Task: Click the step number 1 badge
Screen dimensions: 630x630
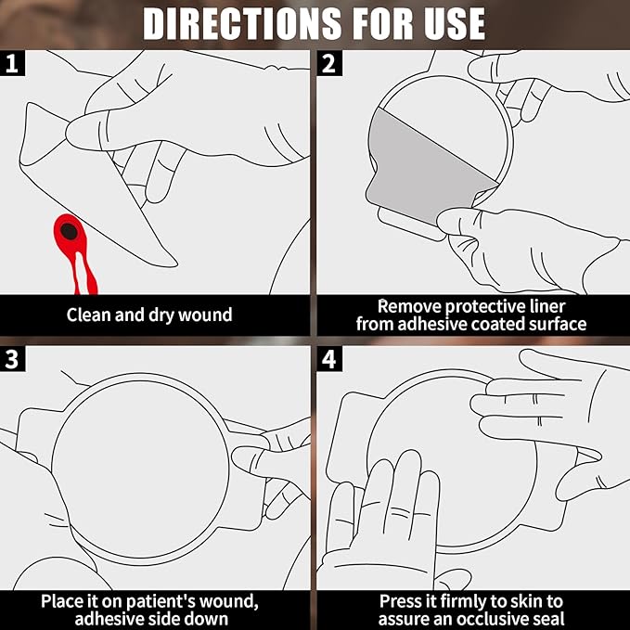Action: pos(12,64)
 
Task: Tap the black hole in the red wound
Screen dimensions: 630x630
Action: pos(70,229)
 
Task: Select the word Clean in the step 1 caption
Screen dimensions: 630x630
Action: pos(89,315)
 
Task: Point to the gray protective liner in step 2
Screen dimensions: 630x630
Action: pos(427,158)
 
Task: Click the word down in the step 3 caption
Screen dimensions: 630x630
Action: pos(210,619)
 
